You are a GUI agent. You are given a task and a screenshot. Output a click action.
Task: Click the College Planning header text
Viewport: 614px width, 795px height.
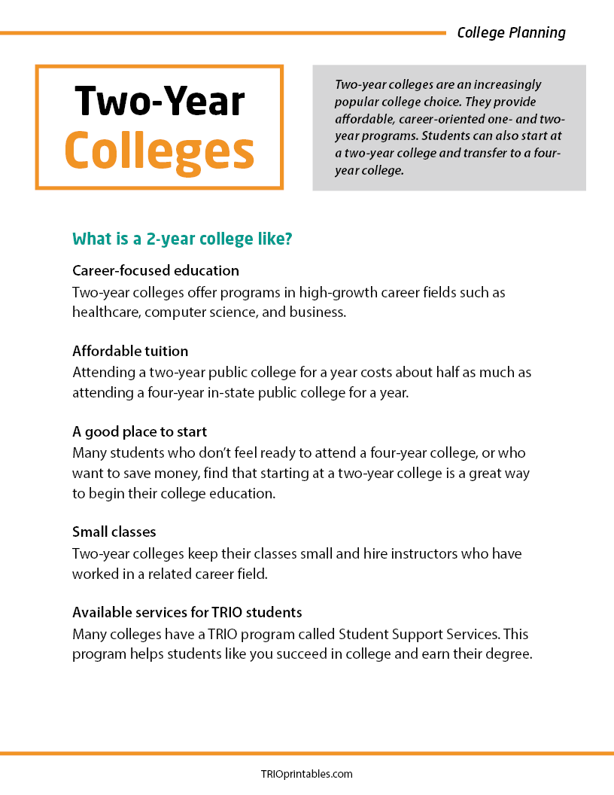click(x=511, y=32)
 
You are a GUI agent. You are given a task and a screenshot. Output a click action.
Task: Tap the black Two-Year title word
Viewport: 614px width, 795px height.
click(x=160, y=101)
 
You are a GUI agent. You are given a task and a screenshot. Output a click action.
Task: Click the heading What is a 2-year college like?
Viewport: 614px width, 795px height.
click(x=182, y=239)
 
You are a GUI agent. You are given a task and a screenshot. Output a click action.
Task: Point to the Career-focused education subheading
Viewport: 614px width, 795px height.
click(x=156, y=270)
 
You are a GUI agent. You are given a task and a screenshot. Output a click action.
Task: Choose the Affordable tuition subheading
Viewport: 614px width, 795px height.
click(x=130, y=352)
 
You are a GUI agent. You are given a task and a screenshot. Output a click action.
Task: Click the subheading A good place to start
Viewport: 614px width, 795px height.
click(x=139, y=432)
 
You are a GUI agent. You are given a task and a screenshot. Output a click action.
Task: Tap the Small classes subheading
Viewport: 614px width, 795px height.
click(x=114, y=532)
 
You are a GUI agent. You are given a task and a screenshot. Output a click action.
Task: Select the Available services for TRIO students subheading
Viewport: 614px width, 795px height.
click(x=187, y=612)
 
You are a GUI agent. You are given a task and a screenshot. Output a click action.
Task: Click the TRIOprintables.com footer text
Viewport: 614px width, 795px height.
click(x=306, y=774)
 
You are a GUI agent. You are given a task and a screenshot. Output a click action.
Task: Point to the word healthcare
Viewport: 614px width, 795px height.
click(x=108, y=312)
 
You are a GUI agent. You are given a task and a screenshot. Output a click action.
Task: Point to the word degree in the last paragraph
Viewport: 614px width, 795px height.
click(x=506, y=653)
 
